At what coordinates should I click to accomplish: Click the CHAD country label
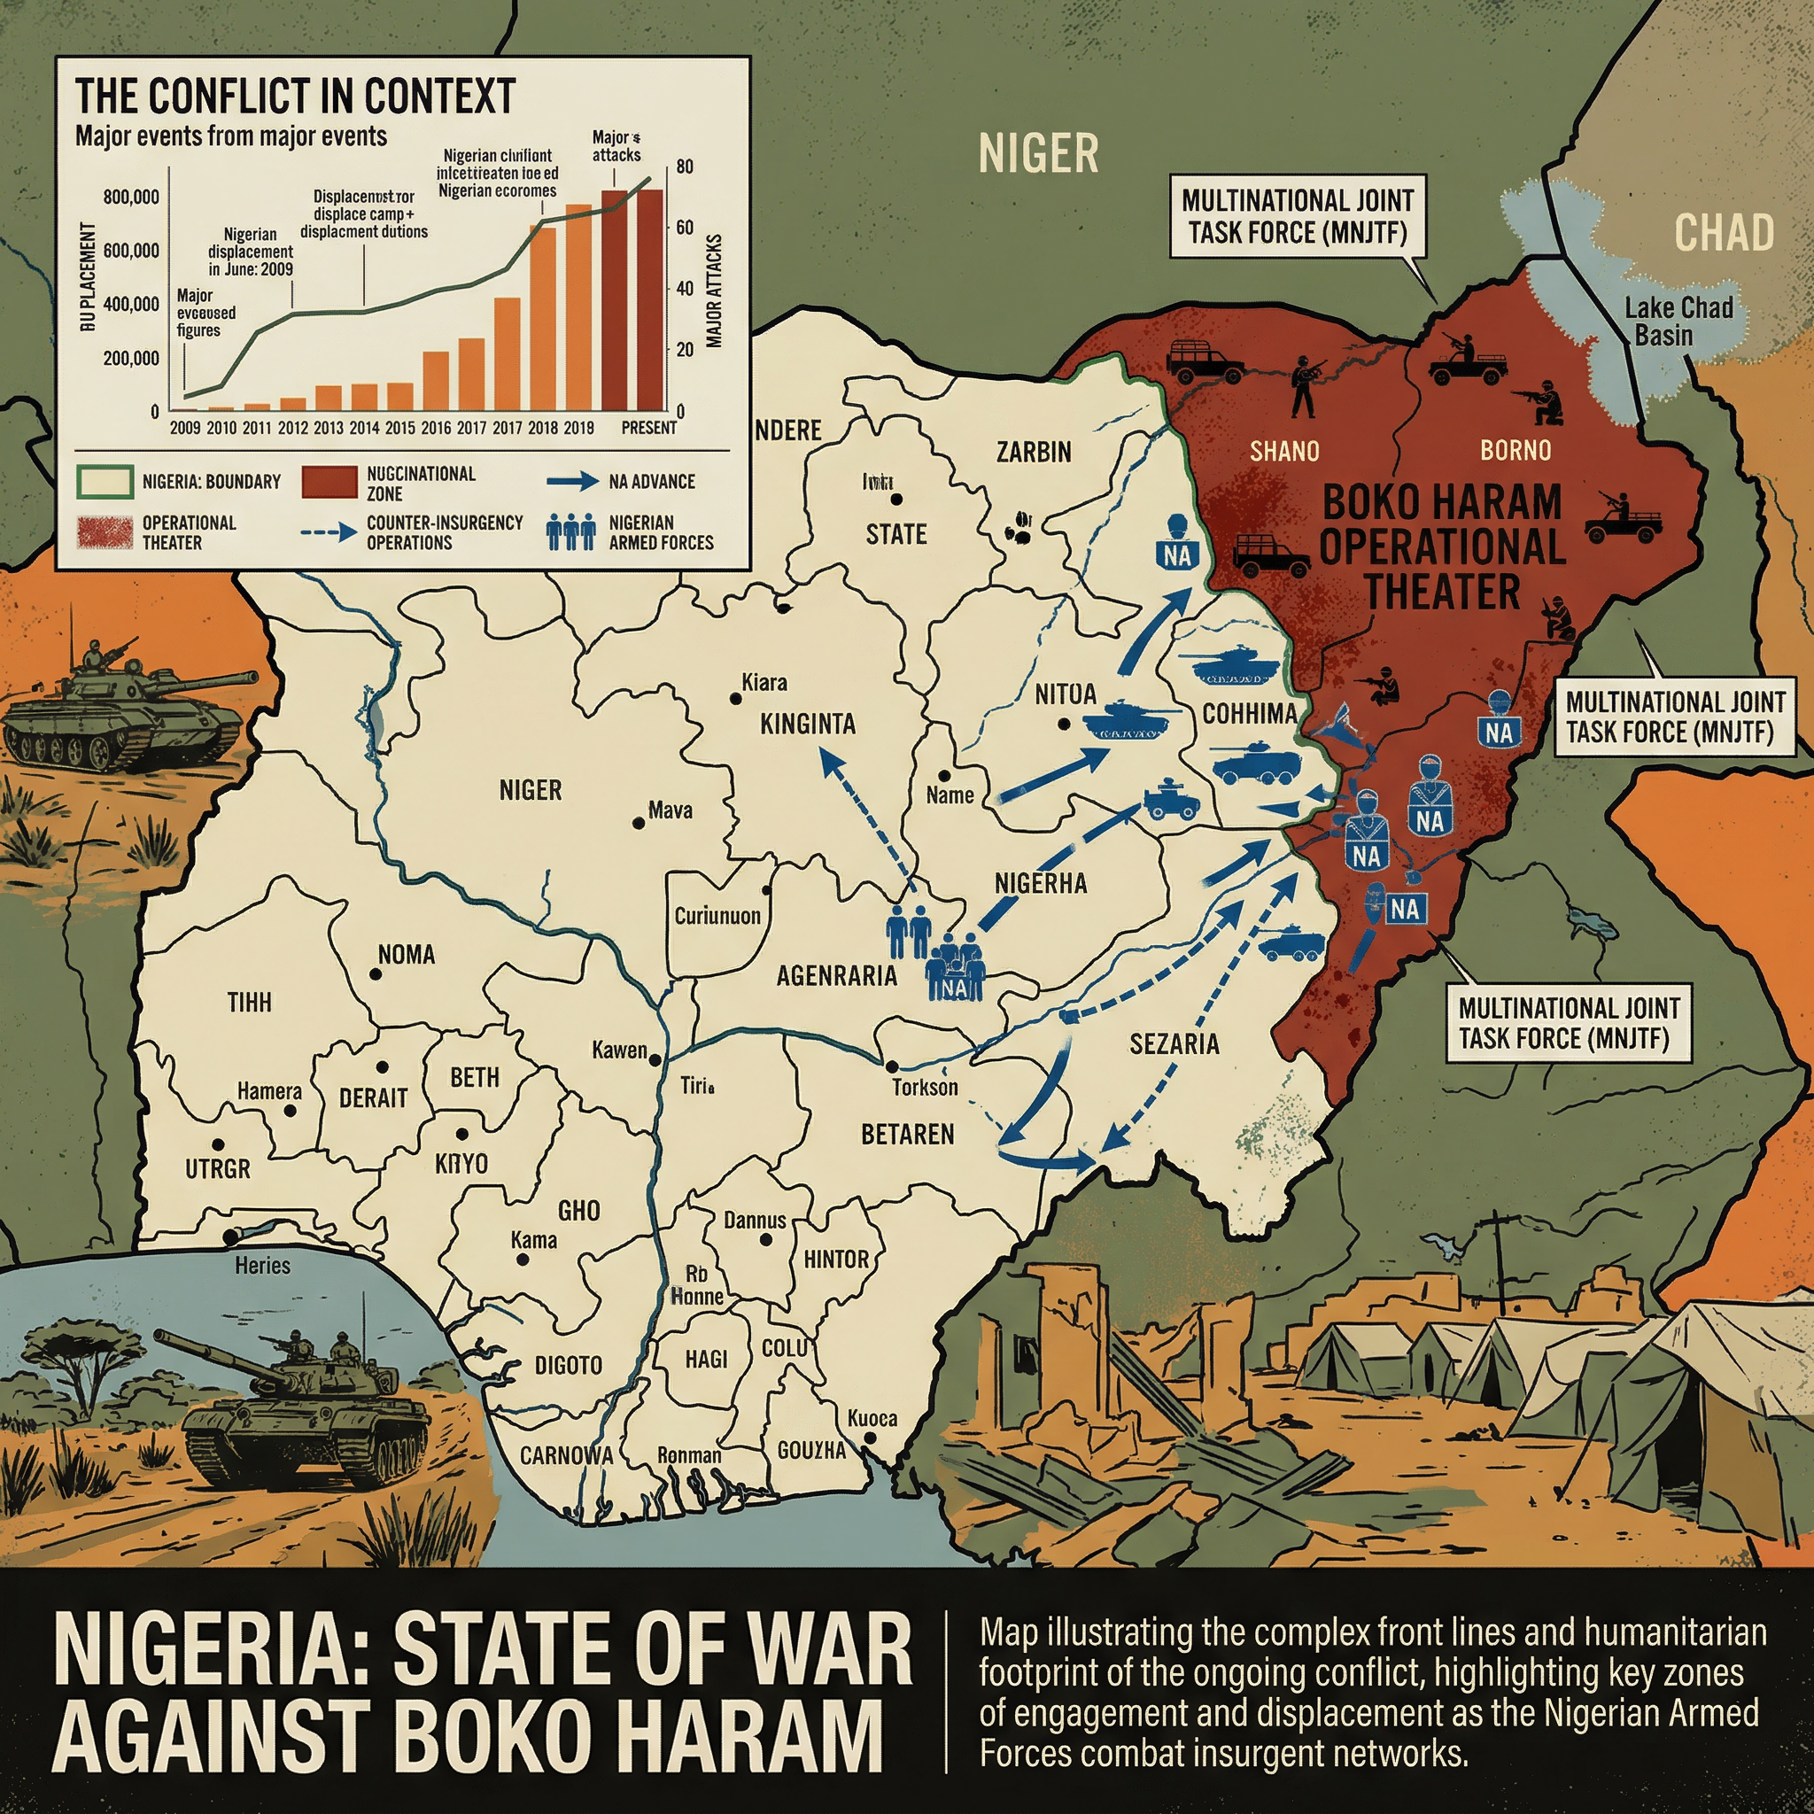coord(1724,232)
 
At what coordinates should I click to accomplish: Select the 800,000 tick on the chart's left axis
coord(130,198)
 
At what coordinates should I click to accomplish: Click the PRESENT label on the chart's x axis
coord(647,428)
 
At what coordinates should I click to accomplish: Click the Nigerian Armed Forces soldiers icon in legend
coord(570,532)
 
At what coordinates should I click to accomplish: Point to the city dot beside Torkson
coord(891,1066)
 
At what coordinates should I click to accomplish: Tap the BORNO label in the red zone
coord(1516,451)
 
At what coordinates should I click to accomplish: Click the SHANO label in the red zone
coord(1283,452)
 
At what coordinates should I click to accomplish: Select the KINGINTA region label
coord(808,724)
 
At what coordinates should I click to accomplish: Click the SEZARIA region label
coord(1174,1043)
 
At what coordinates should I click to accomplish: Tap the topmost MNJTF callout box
coord(1297,216)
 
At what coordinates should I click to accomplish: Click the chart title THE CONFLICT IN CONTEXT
coord(295,96)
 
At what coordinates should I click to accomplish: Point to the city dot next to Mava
coord(639,824)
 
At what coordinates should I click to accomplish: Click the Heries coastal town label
coord(262,1266)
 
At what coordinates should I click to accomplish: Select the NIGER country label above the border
coord(1037,153)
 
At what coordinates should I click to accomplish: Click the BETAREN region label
coord(907,1135)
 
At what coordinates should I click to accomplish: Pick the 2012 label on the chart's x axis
coord(292,428)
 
